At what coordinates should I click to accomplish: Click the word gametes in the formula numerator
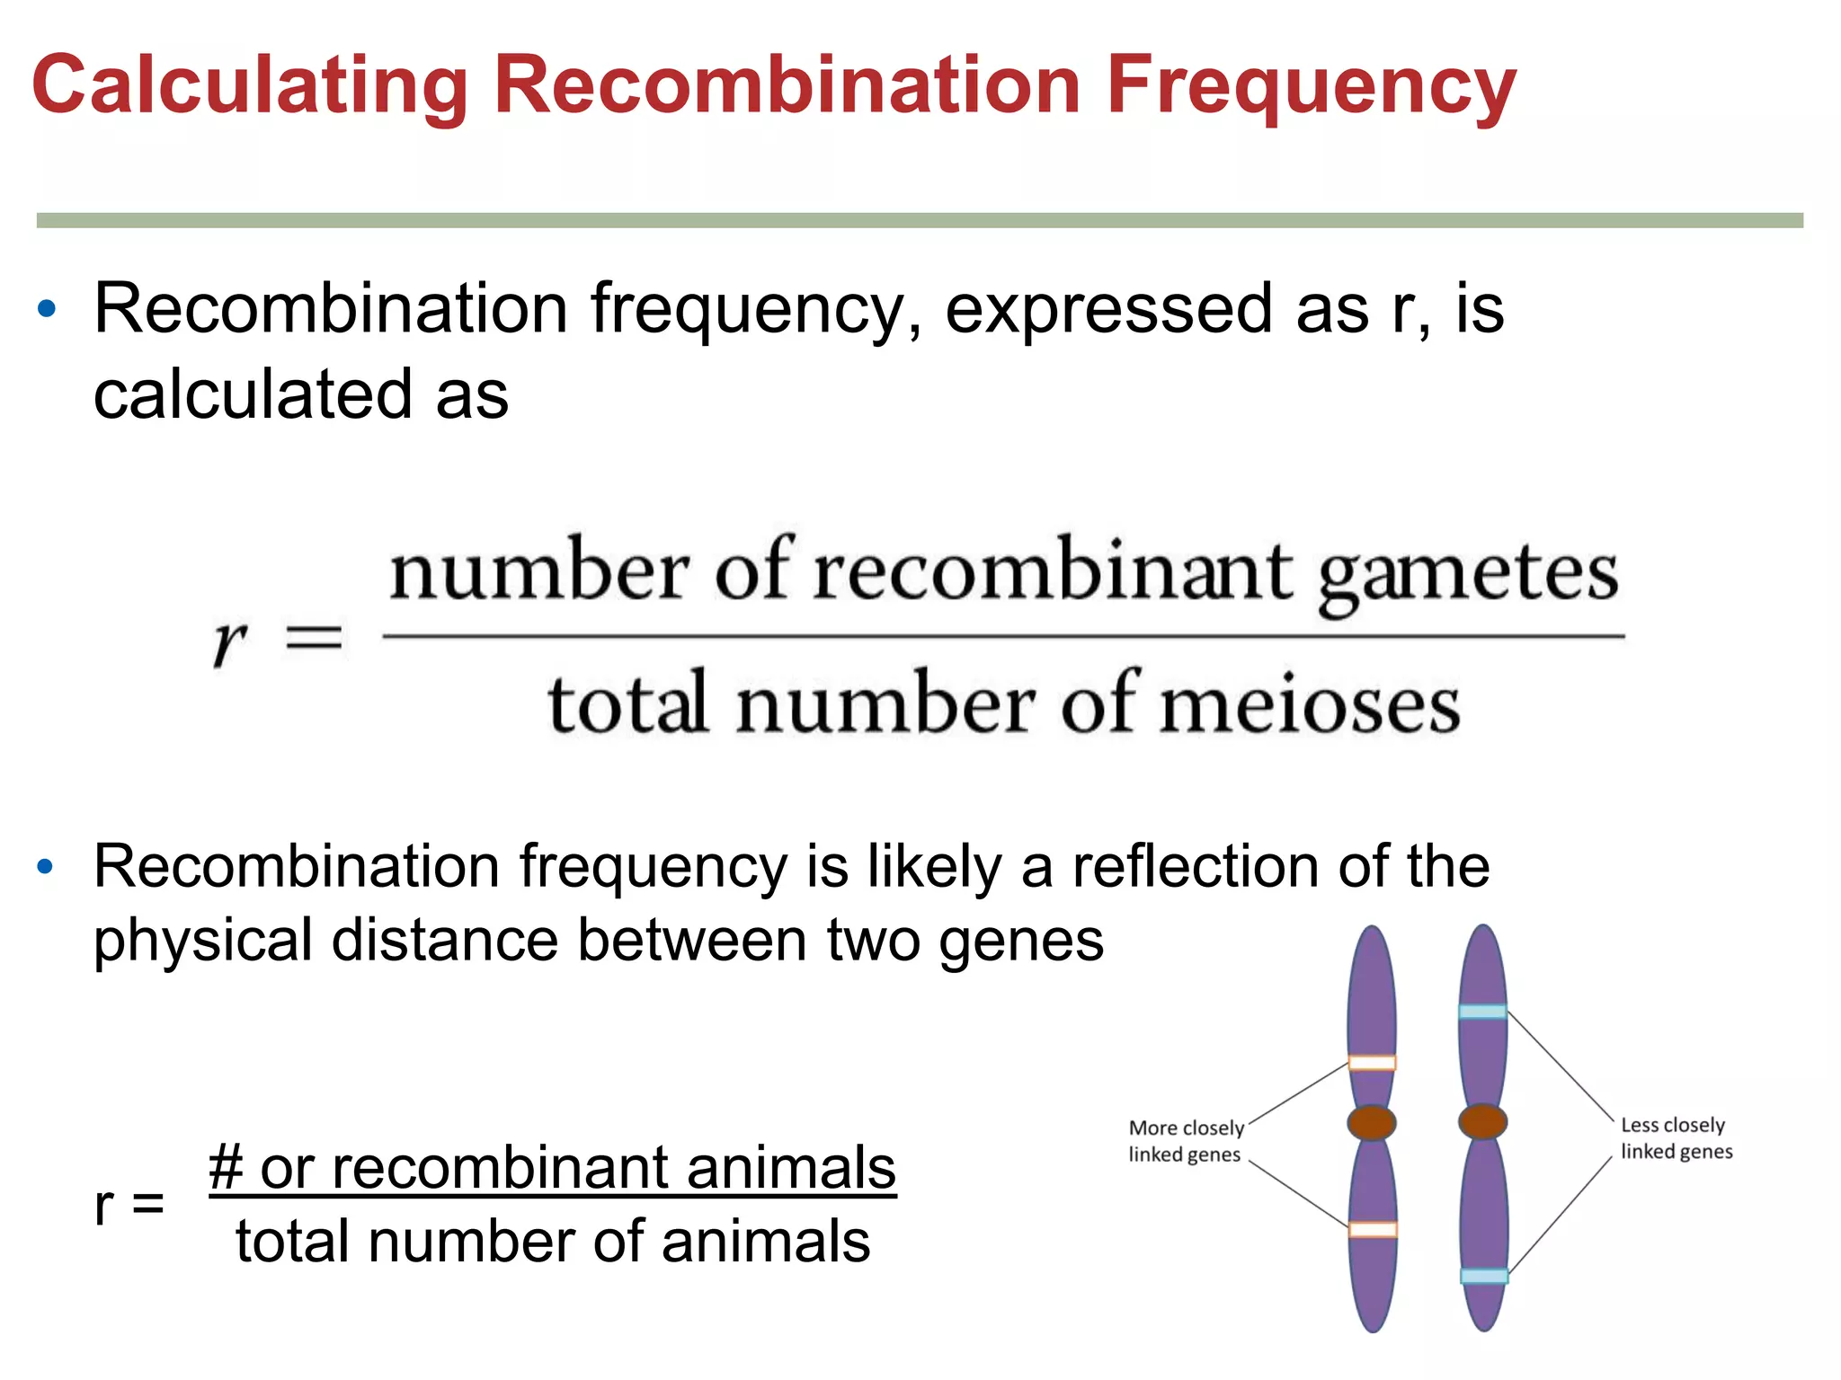(x=1468, y=575)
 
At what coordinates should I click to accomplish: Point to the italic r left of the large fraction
(x=229, y=642)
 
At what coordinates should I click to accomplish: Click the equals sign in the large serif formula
(x=314, y=640)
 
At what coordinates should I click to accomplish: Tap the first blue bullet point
(x=47, y=310)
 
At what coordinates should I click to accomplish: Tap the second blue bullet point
(x=46, y=868)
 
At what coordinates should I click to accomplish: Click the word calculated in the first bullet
(x=254, y=395)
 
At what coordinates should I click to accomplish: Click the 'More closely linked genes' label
(x=1186, y=1141)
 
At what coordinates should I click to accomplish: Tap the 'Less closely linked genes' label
(x=1676, y=1138)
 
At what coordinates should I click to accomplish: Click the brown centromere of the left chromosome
(x=1372, y=1122)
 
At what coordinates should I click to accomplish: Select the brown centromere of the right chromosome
(x=1482, y=1121)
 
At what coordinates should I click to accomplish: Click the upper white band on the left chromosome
(x=1372, y=1063)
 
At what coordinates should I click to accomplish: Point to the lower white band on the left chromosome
(x=1373, y=1229)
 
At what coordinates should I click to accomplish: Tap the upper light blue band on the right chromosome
(x=1482, y=1012)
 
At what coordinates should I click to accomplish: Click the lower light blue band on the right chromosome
(x=1483, y=1276)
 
